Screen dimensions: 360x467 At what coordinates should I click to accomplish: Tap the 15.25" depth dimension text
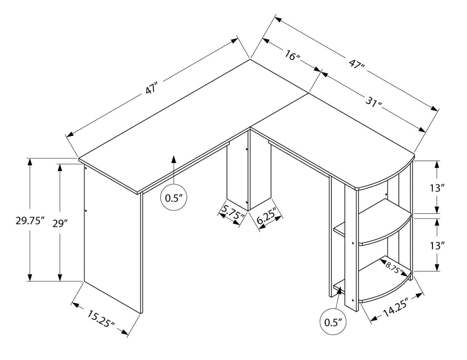[101, 318]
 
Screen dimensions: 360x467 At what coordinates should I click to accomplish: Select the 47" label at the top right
[356, 64]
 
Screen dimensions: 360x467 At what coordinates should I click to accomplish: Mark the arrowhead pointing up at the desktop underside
[174, 159]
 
